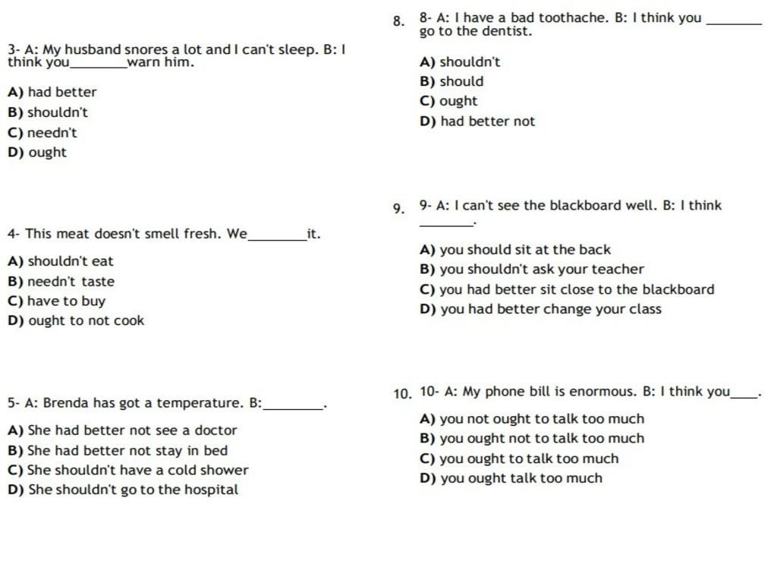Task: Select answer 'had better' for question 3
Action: pos(61,93)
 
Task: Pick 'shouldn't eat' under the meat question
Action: pos(70,262)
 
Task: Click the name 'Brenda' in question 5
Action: pos(66,403)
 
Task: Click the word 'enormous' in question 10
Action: pos(602,392)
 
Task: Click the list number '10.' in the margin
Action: pos(402,394)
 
